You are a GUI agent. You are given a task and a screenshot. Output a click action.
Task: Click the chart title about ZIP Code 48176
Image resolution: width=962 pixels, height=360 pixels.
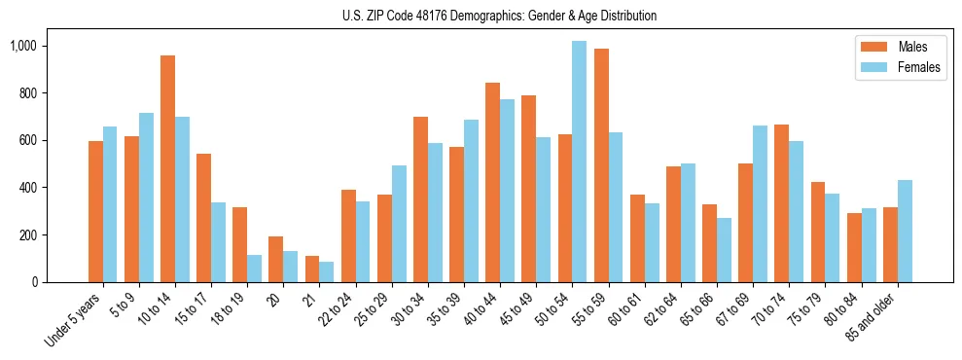[499, 16]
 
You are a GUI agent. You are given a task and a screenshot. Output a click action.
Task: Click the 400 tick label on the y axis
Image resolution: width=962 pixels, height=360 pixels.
[27, 188]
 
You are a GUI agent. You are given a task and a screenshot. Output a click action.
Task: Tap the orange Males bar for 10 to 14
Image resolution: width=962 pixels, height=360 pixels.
[167, 168]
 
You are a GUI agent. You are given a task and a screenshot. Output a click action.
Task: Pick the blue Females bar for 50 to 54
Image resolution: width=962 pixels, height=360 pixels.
[579, 162]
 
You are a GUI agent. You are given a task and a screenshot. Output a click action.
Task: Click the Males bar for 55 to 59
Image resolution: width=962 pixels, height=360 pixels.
[601, 165]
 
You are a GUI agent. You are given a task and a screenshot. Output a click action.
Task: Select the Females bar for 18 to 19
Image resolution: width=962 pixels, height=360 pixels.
[254, 269]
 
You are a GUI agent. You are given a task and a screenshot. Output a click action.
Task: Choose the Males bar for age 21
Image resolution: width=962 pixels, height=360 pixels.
[312, 270]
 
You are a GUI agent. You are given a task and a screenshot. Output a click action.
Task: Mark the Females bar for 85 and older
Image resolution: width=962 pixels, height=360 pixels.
[905, 231]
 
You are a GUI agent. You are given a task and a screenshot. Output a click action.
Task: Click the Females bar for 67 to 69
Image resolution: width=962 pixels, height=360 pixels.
[760, 203]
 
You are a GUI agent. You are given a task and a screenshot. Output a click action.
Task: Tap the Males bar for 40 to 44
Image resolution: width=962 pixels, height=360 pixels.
[492, 182]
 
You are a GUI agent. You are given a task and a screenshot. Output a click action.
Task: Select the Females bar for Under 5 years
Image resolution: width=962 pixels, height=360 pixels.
[110, 204]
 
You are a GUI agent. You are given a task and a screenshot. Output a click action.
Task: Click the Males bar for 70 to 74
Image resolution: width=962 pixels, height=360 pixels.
[781, 203]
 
